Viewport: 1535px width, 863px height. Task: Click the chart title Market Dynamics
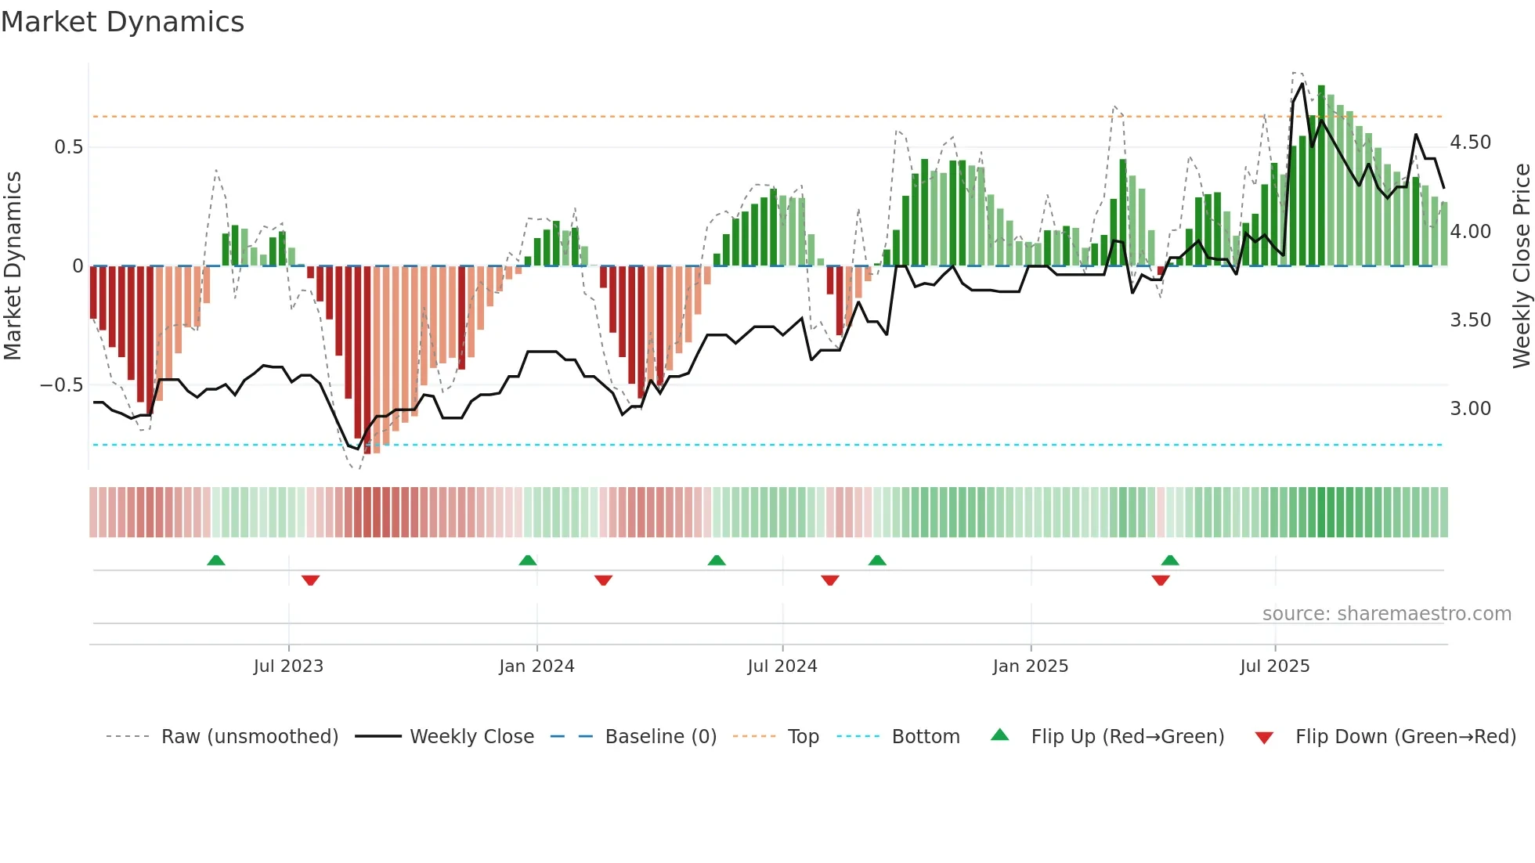pyautogui.click(x=123, y=22)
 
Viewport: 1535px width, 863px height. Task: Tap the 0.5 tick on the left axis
pyautogui.click(x=68, y=147)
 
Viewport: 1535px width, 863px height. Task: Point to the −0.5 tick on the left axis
pyautogui.click(x=62, y=385)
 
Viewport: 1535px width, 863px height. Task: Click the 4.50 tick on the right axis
pyautogui.click(x=1470, y=143)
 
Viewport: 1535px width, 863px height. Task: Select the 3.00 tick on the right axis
pyautogui.click(x=1470, y=409)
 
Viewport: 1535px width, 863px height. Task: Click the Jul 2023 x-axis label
pyautogui.click(x=288, y=666)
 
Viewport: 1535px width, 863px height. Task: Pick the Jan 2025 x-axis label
pyautogui.click(x=1030, y=666)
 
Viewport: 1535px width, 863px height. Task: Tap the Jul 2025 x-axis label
pyautogui.click(x=1274, y=666)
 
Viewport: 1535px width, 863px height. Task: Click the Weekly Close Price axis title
pyautogui.click(x=1521, y=266)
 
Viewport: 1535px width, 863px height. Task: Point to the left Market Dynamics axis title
pyautogui.click(x=13, y=266)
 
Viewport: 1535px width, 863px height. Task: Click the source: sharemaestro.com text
pyautogui.click(x=1386, y=614)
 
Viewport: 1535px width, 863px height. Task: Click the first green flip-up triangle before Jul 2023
pyautogui.click(x=216, y=560)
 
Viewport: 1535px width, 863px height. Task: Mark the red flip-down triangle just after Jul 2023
pyautogui.click(x=310, y=580)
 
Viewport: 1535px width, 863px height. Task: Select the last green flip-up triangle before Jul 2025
pyautogui.click(x=1170, y=560)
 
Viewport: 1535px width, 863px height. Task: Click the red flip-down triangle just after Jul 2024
pyautogui.click(x=830, y=580)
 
